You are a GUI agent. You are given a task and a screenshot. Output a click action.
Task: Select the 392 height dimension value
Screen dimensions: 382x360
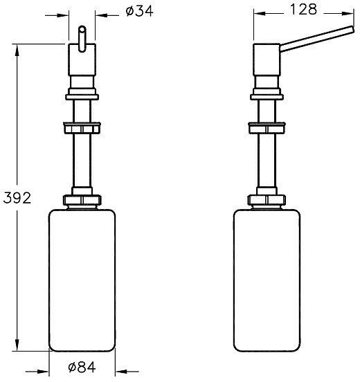(x=17, y=198)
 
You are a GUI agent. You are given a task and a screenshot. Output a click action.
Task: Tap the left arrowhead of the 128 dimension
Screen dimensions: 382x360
(x=256, y=12)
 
